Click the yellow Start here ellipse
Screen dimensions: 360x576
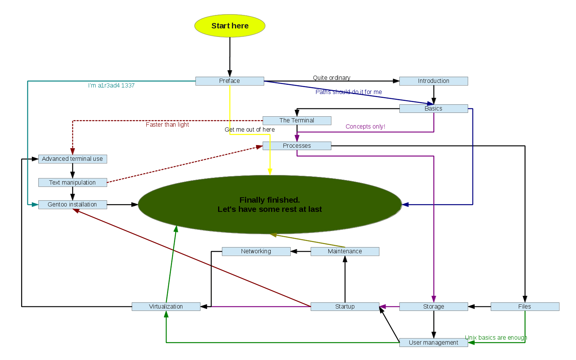pos(230,26)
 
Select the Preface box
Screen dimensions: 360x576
pos(230,81)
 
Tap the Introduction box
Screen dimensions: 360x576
pos(434,81)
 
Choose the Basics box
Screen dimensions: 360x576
pos(434,109)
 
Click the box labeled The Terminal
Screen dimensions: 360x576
pos(297,121)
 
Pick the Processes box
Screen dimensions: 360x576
pos(297,146)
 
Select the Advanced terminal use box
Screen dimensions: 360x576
pos(73,159)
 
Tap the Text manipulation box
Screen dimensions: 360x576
pos(73,183)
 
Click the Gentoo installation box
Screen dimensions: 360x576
pos(73,205)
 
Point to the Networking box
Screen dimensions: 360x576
pos(256,251)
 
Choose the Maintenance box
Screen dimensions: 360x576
pos(345,251)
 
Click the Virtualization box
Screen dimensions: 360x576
pos(166,307)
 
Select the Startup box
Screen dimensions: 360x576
pos(345,307)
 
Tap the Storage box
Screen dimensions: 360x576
pos(434,307)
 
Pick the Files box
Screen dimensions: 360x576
pos(525,307)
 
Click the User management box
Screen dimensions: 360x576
pos(434,343)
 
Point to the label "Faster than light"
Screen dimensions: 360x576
pos(167,125)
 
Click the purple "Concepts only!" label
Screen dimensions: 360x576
pos(365,127)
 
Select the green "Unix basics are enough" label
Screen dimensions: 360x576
pos(496,338)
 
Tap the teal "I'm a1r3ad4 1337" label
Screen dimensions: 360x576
pos(111,86)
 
